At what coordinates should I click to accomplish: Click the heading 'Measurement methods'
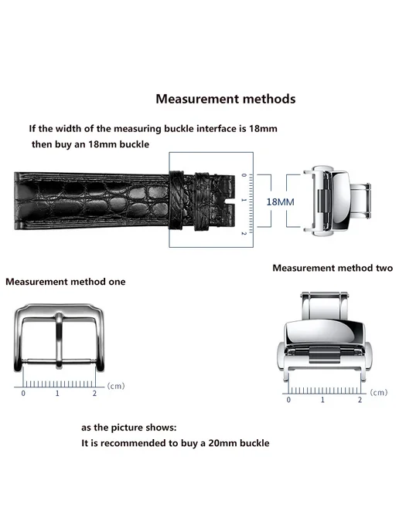click(226, 99)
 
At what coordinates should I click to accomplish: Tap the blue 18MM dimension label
click(280, 202)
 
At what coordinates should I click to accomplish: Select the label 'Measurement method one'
click(66, 282)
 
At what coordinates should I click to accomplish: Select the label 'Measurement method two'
click(332, 268)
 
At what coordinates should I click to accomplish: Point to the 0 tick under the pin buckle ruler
click(23, 393)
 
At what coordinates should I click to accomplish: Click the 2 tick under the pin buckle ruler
click(94, 393)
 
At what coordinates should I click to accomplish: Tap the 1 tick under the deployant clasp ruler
click(322, 400)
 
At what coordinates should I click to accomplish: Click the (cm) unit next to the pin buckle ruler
click(116, 386)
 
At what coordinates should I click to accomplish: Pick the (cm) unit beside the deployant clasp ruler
click(379, 392)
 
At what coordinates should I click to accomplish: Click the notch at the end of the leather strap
click(230, 202)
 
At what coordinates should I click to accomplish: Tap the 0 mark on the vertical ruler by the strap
click(244, 175)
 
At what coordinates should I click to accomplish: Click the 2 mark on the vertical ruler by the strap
click(244, 233)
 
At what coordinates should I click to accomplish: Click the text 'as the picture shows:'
click(129, 428)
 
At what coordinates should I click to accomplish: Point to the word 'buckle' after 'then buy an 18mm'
click(135, 144)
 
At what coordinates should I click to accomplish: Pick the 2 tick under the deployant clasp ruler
click(360, 400)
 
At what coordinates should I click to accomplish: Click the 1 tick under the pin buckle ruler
click(57, 393)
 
